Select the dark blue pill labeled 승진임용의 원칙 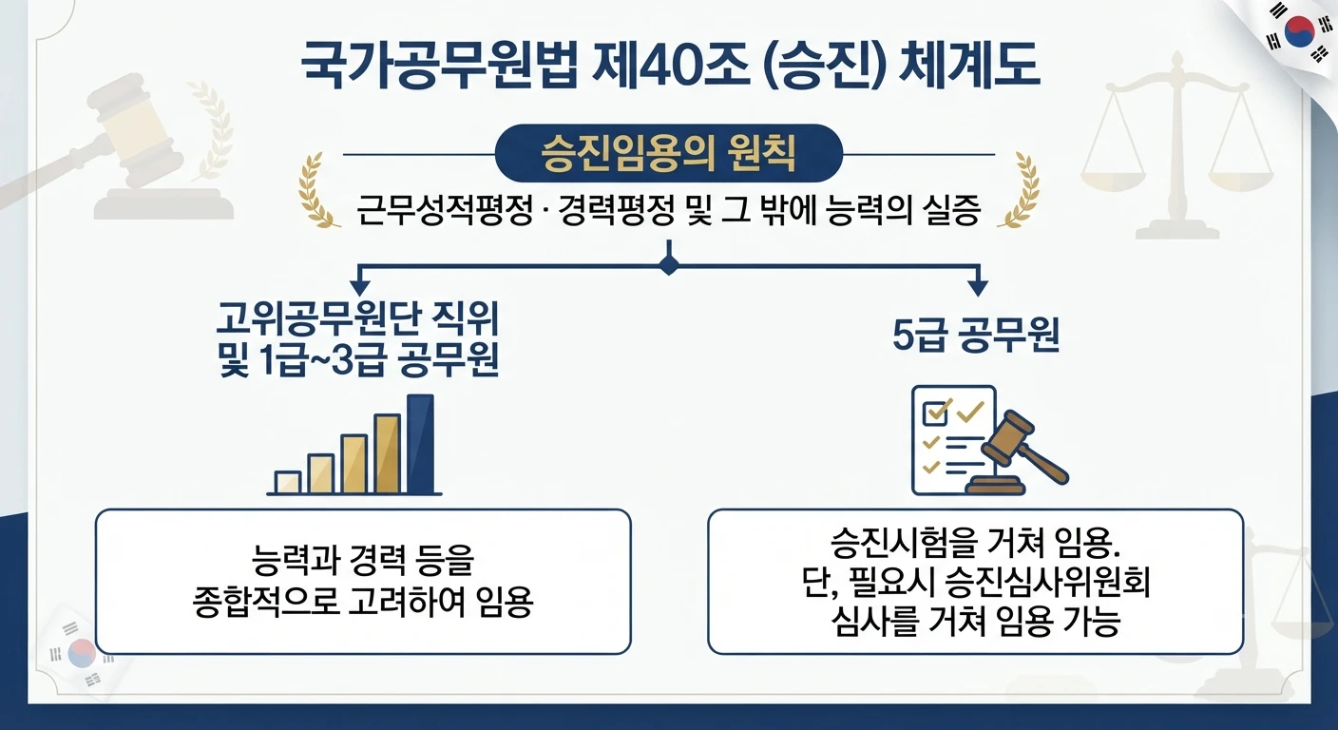[x=668, y=154]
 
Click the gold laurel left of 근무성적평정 [x=317, y=190]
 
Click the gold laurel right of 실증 [x=1019, y=190]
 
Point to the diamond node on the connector [x=669, y=265]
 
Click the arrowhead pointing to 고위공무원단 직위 [x=359, y=287]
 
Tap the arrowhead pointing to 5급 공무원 [x=978, y=287]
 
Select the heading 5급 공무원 [x=976, y=336]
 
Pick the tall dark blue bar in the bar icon [x=421, y=444]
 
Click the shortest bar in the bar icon [x=287, y=482]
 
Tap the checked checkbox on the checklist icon [x=936, y=412]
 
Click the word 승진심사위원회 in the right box [x=1048, y=583]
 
